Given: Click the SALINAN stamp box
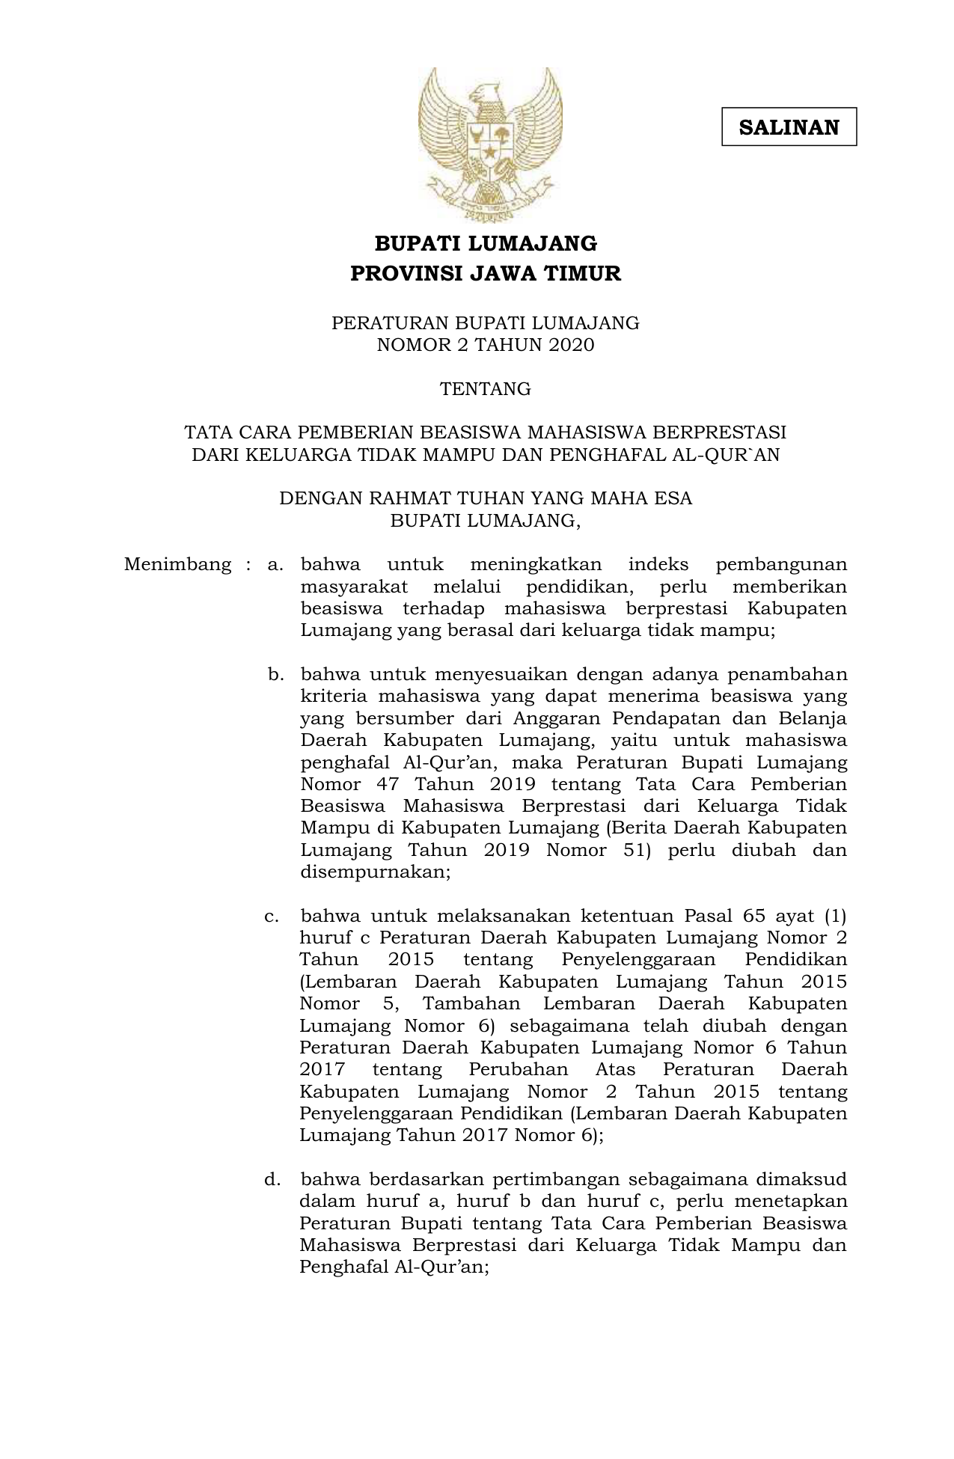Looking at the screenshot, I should (x=789, y=127).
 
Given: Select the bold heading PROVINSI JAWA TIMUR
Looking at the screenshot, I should (x=486, y=274).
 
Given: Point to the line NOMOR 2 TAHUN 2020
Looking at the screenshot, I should (x=486, y=345).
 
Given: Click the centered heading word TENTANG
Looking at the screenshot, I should (x=486, y=389).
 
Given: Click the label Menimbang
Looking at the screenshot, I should (x=178, y=564).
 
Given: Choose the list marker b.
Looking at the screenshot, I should (x=275, y=675).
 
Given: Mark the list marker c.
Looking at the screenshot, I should (x=272, y=917).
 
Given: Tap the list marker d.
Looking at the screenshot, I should (x=272, y=1180).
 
